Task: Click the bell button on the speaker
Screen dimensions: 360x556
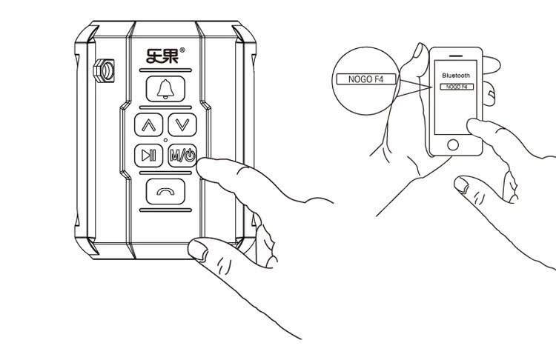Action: [164, 89]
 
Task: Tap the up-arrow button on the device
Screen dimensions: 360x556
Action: [148, 124]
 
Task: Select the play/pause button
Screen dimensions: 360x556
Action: [148, 156]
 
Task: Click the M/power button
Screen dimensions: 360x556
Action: [182, 156]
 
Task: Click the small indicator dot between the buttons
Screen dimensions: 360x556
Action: [165, 140]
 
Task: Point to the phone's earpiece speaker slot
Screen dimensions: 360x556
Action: [457, 57]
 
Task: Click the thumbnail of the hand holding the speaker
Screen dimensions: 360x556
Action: [198, 250]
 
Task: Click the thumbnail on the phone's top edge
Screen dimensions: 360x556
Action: [418, 53]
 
